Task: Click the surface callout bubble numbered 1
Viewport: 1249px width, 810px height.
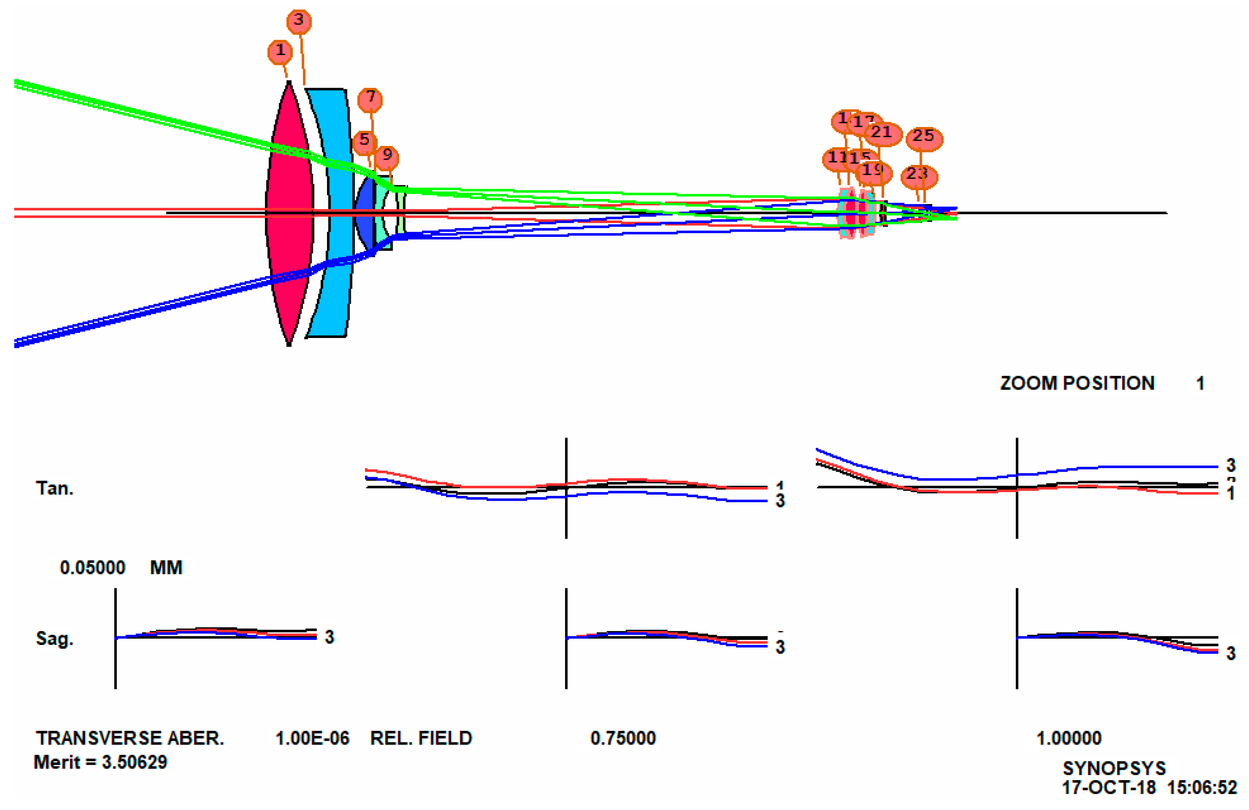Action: click(280, 51)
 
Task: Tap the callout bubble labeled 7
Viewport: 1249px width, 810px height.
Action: click(370, 98)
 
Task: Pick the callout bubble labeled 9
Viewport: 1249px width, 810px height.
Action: click(387, 156)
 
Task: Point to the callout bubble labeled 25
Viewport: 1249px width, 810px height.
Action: click(924, 138)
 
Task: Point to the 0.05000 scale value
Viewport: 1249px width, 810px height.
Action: click(92, 568)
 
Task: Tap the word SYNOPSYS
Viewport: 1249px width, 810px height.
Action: click(1114, 768)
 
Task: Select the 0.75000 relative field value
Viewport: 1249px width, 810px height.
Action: click(623, 738)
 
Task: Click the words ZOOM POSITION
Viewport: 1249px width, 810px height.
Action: click(1077, 383)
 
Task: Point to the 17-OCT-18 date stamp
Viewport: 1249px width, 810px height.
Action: click(1108, 787)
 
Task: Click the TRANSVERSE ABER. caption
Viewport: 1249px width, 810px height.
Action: click(130, 738)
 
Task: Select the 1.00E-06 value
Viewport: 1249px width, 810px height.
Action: click(312, 738)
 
